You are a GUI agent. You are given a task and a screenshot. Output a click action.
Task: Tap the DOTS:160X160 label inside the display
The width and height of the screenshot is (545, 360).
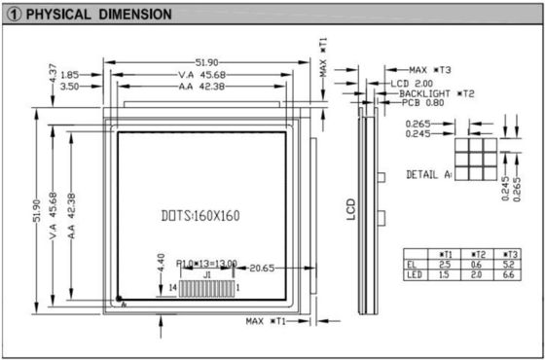[x=200, y=215]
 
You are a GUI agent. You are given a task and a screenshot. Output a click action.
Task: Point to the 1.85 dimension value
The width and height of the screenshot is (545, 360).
[x=69, y=75]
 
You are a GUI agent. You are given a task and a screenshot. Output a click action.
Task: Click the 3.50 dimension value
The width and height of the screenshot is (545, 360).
[x=69, y=87]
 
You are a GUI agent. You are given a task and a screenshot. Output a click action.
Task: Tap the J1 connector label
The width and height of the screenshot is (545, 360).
[x=206, y=276]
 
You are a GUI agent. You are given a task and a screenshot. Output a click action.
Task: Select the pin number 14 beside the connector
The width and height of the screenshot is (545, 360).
[x=172, y=289]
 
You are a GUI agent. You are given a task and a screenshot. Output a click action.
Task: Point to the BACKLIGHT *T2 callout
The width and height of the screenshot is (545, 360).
[x=436, y=93]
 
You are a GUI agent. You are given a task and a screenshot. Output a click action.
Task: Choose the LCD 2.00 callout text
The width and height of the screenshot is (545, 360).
[x=411, y=84]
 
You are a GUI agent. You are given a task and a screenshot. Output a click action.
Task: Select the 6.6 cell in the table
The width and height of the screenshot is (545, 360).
[x=509, y=275]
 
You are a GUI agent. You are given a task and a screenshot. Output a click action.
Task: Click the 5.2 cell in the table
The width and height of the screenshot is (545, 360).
[x=509, y=264]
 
